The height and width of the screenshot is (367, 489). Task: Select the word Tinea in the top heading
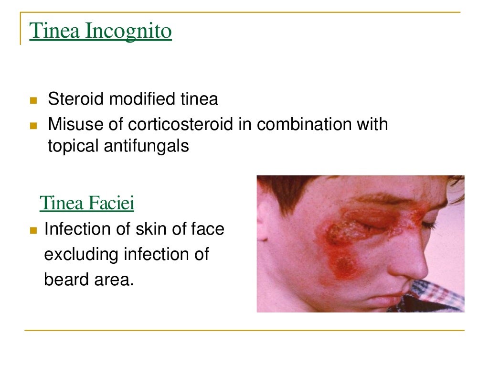coord(55,32)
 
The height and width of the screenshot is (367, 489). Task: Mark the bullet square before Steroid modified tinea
coord(33,101)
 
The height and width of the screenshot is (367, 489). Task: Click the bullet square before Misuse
coord(33,126)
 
